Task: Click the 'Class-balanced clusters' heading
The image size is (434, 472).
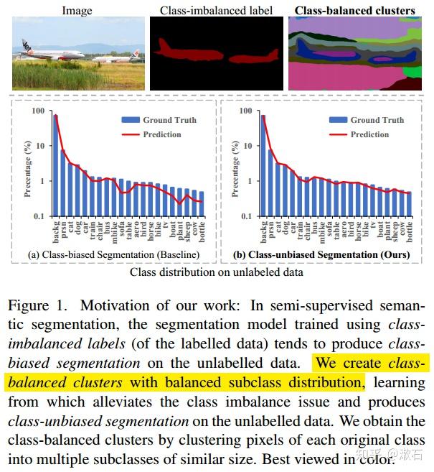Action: point(355,10)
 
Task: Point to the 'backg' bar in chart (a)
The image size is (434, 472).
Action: point(56,165)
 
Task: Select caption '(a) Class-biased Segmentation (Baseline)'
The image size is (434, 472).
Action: point(113,255)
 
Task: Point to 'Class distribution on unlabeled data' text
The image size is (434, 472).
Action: point(216,272)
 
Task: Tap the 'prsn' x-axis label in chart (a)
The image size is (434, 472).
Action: point(65,230)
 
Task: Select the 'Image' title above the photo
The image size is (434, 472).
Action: point(77,10)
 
